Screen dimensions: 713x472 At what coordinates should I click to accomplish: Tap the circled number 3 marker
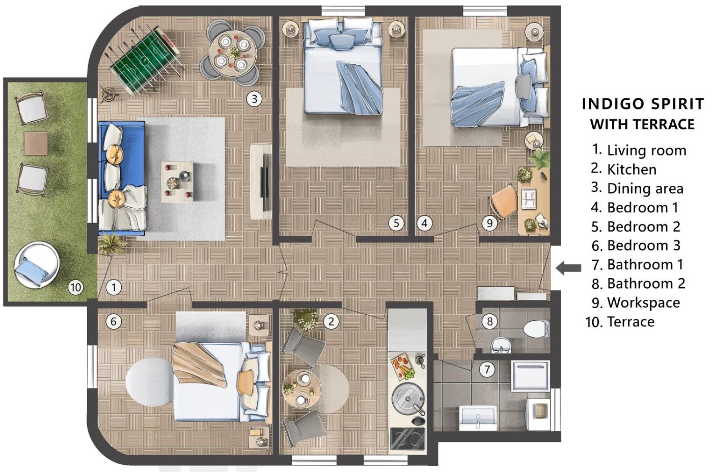pos(254,99)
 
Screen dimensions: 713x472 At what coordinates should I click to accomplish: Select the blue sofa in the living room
pos(122,178)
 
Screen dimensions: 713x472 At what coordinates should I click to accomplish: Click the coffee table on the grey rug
pos(177,181)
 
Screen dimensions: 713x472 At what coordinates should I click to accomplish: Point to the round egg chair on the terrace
pos(37,265)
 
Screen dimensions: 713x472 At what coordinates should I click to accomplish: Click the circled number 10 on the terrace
pos(76,288)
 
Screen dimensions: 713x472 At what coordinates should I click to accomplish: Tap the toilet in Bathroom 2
pos(536,329)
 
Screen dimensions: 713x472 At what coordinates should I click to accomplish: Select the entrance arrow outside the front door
pos(568,268)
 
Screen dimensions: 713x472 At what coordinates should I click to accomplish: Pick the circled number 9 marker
pos(489,223)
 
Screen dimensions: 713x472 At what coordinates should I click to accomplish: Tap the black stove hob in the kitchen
pos(408,439)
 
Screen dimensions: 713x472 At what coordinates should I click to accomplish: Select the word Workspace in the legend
pos(644,303)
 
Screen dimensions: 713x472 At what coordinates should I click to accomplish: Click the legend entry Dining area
pos(637,188)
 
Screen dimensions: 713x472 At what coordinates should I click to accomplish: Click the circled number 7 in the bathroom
pos(487,370)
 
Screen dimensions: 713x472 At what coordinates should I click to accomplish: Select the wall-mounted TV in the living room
pos(265,182)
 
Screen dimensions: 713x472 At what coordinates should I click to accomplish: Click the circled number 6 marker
pos(114,321)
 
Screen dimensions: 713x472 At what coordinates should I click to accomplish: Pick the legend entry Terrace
pos(620,322)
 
